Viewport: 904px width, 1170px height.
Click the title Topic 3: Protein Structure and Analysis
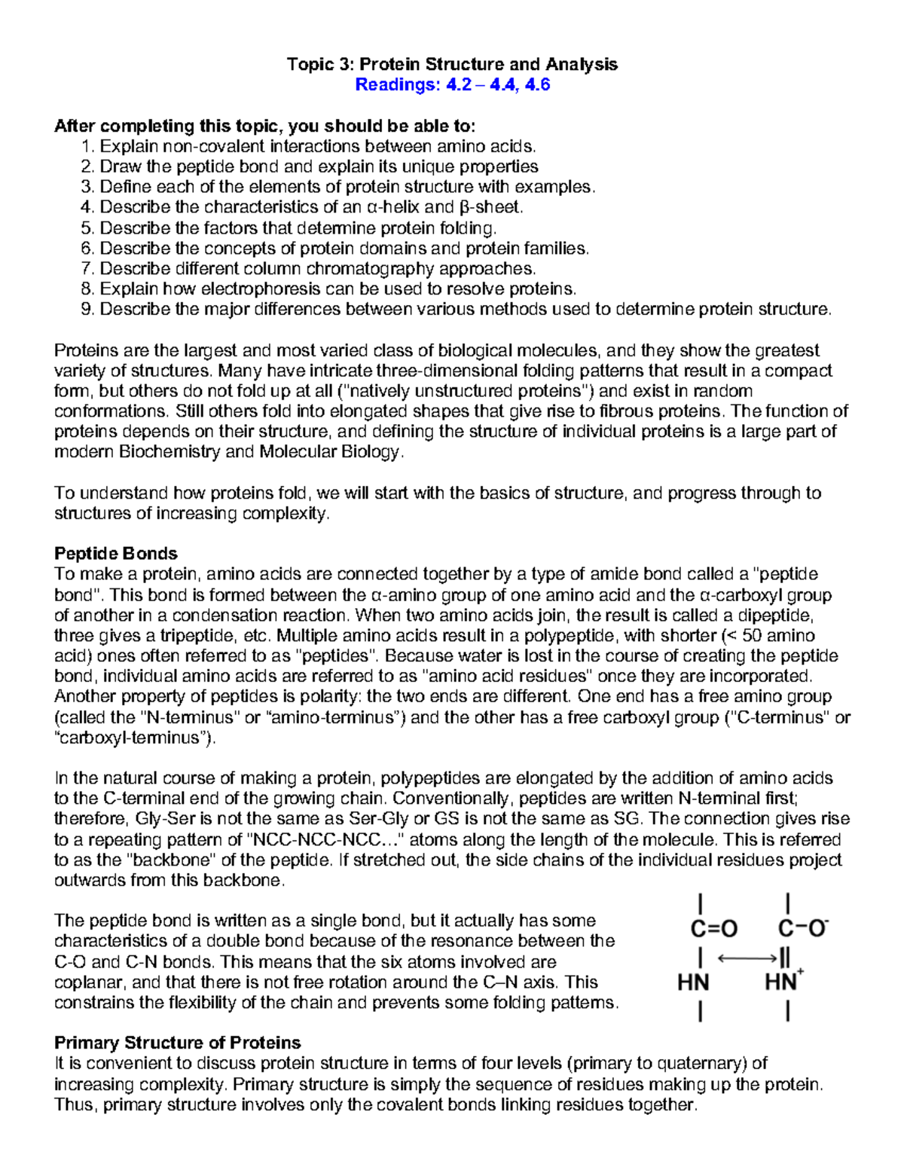pos(452,64)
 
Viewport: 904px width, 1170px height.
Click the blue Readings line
pos(452,84)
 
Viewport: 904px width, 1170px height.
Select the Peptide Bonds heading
pos(116,554)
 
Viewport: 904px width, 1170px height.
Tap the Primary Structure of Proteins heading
pos(178,1043)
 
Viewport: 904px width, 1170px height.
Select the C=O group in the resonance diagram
pos(713,929)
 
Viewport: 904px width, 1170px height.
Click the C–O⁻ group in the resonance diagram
pos(803,928)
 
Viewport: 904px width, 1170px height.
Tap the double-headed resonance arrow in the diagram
pos(746,958)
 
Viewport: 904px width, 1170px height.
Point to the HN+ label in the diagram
pos(784,982)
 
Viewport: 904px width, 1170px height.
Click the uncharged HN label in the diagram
pos(693,982)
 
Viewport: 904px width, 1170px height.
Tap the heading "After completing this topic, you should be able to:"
pos(265,126)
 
